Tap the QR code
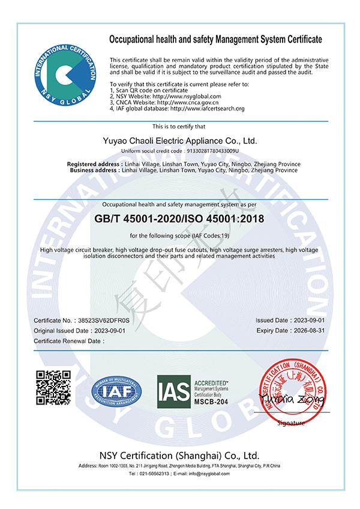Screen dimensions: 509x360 [x=54, y=388]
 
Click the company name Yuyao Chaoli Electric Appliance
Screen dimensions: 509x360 [x=180, y=141]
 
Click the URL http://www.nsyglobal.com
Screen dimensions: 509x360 [x=185, y=96]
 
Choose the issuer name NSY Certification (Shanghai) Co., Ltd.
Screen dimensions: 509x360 [x=180, y=454]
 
